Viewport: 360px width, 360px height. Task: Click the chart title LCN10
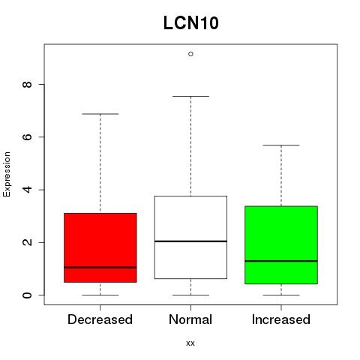pos(191,22)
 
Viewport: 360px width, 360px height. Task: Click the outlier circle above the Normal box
pos(190,54)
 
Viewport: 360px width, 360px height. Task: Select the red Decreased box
pos(100,247)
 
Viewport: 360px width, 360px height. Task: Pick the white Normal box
pos(190,237)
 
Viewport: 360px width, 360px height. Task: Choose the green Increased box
pos(281,245)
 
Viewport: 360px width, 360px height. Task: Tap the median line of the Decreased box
pos(100,268)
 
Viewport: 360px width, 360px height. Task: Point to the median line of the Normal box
pos(190,241)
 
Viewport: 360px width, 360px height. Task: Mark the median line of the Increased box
pos(281,261)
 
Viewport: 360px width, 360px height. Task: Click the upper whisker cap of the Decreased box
pos(100,114)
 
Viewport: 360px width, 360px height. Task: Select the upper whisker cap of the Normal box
pos(190,96)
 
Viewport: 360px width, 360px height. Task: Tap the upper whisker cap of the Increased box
pos(281,145)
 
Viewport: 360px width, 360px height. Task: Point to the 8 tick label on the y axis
pos(27,85)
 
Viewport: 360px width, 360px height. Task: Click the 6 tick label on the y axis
pos(27,137)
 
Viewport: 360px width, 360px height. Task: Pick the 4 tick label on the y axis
pos(27,190)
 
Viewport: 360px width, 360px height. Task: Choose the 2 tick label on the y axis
pos(27,242)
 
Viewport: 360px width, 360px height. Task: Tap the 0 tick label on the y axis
pos(27,295)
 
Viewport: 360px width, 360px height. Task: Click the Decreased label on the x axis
pos(100,319)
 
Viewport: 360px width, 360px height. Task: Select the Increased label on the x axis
pos(281,319)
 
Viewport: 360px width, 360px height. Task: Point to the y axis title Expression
pos(7,174)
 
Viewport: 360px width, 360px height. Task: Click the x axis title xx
pos(190,343)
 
